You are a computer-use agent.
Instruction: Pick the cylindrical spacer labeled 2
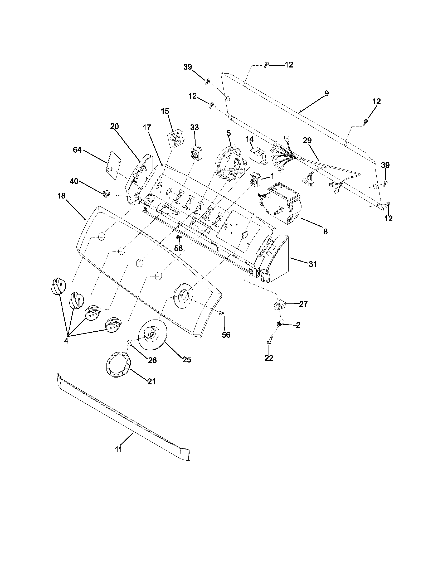279,324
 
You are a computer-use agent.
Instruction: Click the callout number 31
313,264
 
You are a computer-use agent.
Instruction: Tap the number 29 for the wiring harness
307,141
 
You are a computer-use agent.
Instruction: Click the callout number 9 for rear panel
327,94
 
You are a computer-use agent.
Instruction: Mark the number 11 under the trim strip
119,449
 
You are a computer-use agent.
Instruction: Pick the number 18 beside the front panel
61,196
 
